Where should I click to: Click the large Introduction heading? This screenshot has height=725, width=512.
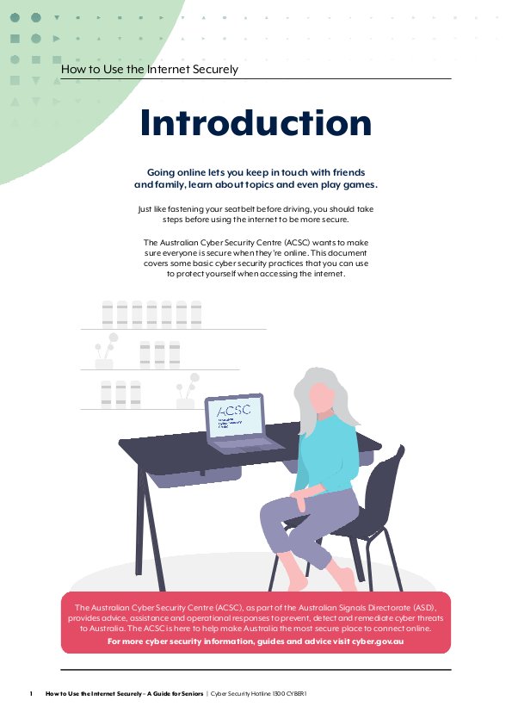256,122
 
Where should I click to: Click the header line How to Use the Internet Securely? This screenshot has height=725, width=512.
150,70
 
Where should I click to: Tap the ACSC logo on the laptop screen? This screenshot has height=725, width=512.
233,410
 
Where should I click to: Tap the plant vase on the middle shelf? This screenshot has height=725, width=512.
104,363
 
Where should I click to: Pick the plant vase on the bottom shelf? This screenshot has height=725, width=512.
185,403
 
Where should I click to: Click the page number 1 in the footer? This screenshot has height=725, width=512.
31,693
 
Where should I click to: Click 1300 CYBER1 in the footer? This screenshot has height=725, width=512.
290,693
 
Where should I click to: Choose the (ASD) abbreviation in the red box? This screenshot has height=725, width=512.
425,608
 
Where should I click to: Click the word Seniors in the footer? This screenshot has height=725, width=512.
192,693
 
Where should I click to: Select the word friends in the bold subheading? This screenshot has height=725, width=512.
349,172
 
